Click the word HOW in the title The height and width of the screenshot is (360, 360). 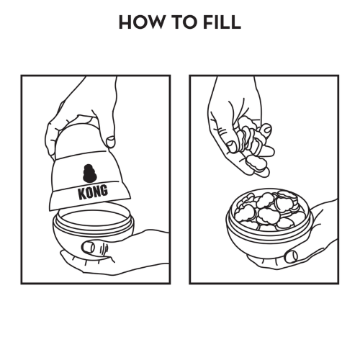pos(142,22)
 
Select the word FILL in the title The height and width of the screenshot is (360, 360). pos(222,22)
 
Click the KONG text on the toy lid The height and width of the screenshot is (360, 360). pos(93,192)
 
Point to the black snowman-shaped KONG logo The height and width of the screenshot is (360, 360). pos(89,173)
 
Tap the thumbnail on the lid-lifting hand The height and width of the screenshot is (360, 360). pos(110,142)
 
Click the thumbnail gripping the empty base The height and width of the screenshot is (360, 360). pos(88,247)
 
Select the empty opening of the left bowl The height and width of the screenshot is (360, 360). pos(94,219)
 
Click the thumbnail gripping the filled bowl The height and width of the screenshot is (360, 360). pos(291,256)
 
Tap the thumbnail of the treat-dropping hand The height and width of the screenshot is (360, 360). pos(232,147)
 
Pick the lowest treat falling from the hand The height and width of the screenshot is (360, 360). pos(254,164)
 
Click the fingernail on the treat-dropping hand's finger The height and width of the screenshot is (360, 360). pos(267,129)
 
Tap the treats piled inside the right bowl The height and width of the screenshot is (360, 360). pos(269,210)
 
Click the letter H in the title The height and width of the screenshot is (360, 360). pos(125,22)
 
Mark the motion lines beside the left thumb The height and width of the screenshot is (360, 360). pos(103,250)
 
